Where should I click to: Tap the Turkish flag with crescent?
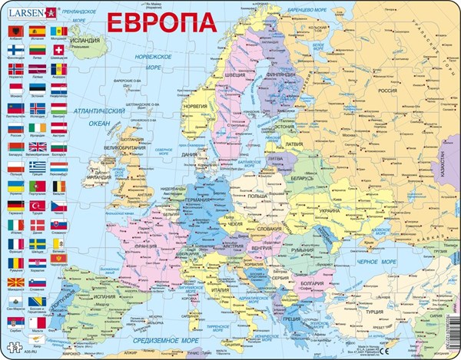coord(38,206)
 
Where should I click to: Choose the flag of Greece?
coord(38,166)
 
